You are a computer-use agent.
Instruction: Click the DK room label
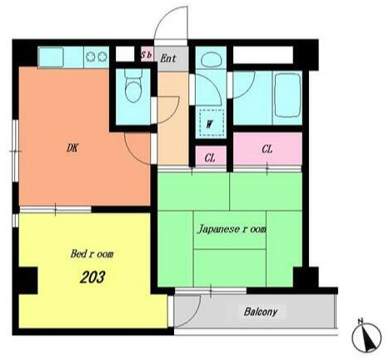tap(72, 148)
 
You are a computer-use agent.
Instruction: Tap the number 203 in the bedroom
tap(92, 277)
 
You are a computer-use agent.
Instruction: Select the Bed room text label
tap(92, 254)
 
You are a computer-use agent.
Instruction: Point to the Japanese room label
tap(232, 229)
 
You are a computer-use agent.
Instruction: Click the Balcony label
tap(261, 312)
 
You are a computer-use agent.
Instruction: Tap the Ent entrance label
tap(168, 58)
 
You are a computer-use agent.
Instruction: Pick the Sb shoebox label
tap(147, 55)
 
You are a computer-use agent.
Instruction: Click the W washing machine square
tap(212, 122)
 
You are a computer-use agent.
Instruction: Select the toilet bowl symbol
tap(133, 87)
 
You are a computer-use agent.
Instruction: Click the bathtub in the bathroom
tap(287, 96)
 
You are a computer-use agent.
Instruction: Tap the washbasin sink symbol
tap(211, 60)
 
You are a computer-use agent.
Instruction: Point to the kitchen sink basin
tap(51, 57)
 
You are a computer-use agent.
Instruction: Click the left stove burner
tap(91, 57)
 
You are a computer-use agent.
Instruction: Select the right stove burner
tap(102, 57)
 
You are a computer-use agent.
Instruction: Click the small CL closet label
tap(210, 158)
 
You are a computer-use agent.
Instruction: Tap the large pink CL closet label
tap(267, 149)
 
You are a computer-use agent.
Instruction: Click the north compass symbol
tap(367, 337)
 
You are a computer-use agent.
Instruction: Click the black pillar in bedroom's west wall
tap(27, 280)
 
